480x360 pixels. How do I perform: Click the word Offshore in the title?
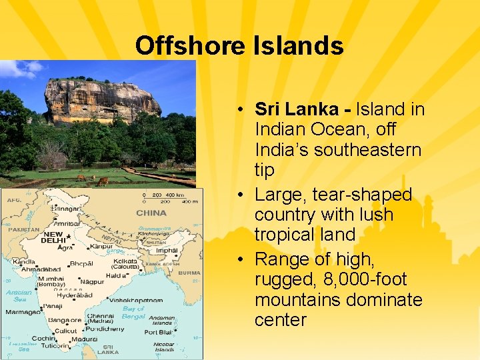191,46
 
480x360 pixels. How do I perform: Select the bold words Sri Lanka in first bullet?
296,109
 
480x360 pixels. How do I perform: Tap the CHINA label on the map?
151,213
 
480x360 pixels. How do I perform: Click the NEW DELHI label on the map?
53,237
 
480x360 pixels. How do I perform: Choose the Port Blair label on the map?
159,331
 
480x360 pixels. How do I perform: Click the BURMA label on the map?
189,272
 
